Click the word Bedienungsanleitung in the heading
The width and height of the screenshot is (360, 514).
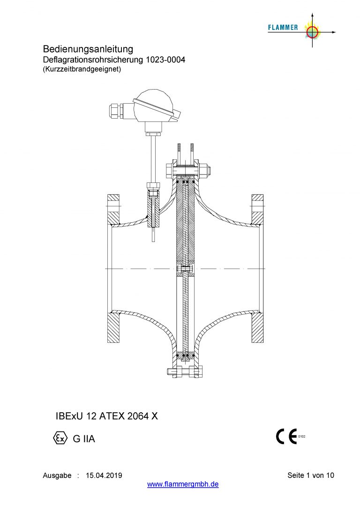pyautogui.click(x=88, y=49)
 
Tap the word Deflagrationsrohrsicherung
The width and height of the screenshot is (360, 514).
pyautogui.click(x=93, y=60)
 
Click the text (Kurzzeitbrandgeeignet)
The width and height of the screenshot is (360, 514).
pyautogui.click(x=82, y=69)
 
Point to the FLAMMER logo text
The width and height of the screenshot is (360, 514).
pyautogui.click(x=283, y=28)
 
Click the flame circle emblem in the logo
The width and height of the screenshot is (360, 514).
pyautogui.click(x=312, y=31)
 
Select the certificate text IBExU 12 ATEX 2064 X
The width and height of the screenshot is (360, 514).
pyautogui.click(x=107, y=416)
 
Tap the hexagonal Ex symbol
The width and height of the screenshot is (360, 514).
pyautogui.click(x=60, y=438)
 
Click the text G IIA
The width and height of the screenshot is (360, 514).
pyautogui.click(x=84, y=438)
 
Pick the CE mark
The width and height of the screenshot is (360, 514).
pyautogui.click(x=286, y=436)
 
